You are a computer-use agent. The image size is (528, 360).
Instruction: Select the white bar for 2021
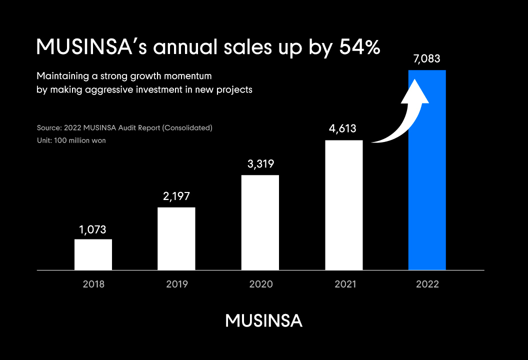344,205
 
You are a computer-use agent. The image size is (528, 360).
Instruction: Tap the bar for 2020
260,222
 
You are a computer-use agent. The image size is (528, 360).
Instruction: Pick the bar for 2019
176,238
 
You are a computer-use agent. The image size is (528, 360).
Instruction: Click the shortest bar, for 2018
93,254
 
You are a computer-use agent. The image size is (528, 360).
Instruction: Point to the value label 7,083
426,59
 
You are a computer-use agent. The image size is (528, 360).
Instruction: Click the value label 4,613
342,129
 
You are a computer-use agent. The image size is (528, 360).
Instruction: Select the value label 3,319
260,163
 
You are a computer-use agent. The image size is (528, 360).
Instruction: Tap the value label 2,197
176,196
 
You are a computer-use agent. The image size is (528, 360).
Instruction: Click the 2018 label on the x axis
93,284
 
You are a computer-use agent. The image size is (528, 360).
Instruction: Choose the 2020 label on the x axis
260,284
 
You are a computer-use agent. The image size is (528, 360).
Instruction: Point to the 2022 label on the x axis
427,284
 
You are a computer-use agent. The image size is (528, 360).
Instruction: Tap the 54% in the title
359,47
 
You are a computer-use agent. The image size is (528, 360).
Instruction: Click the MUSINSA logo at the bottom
263,321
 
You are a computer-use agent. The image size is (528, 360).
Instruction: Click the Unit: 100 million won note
71,140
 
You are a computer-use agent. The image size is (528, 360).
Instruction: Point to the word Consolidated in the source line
187,128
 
